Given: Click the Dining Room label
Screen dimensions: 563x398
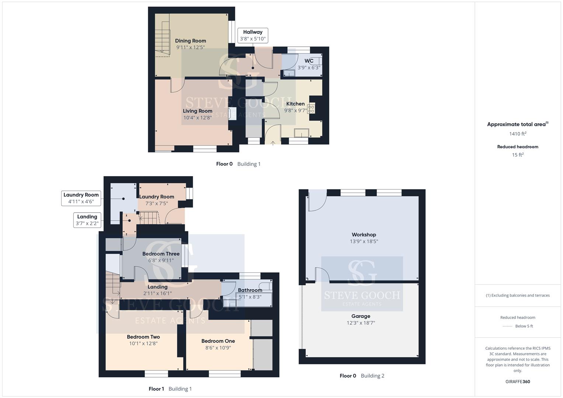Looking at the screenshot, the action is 191,41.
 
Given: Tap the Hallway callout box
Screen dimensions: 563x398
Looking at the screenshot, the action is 253,35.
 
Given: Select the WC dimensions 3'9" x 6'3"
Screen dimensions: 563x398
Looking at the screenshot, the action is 309,67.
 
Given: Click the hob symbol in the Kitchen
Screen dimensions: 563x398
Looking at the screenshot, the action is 311,109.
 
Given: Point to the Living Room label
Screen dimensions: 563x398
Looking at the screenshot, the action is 198,111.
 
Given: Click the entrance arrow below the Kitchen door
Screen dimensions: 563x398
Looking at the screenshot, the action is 273,143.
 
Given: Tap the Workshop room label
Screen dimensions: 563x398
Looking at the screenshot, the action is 364,235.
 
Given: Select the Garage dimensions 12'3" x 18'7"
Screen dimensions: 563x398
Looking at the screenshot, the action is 361,323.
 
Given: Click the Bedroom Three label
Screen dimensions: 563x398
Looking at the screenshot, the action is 161,254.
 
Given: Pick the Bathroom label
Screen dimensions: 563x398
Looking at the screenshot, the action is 250,290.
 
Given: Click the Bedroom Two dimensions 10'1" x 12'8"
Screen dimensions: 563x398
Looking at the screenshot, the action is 143,343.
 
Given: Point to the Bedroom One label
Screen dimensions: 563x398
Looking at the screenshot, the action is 218,341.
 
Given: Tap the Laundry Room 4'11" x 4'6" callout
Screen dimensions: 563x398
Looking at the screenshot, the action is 81,198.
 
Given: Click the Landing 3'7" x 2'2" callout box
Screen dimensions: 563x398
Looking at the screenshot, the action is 87,220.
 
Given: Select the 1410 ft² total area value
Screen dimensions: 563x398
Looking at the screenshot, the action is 518,134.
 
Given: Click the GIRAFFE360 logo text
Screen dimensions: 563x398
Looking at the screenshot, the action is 518,382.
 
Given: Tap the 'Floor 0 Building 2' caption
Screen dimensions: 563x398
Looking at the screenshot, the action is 362,376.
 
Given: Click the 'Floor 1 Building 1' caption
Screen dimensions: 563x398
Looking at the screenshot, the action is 170,389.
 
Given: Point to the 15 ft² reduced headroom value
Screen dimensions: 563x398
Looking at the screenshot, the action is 518,155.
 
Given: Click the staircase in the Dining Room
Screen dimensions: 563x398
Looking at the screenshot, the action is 162,35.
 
